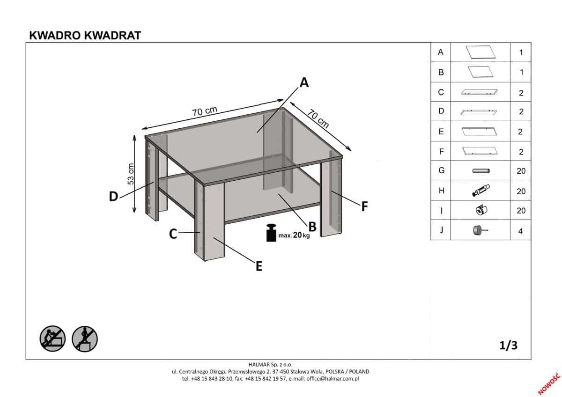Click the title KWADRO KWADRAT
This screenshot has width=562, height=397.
pos(85,36)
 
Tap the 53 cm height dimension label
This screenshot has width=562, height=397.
pos(131,174)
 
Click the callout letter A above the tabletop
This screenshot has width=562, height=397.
pos(304,82)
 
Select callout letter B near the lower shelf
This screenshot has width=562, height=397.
pos(312,227)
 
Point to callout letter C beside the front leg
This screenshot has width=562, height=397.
pos(173,234)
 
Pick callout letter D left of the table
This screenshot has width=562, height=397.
pos(113,196)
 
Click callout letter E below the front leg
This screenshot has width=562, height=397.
pos(259,266)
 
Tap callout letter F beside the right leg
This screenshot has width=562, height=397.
pos(364,206)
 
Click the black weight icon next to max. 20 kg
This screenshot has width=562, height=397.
pos(271,233)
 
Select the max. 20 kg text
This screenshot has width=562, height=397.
pos(294,235)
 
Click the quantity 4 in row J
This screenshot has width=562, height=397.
pos(521,231)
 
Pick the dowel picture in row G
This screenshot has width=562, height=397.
pos(481,171)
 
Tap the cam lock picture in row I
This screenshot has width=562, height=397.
pos(481,210)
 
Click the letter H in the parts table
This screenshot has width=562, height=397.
pos(442,191)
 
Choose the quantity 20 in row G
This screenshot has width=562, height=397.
pos(521,171)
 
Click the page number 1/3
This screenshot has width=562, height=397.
pos(508,346)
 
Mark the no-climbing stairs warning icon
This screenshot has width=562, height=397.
pos(85,339)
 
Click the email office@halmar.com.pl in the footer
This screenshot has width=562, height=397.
pos(333,379)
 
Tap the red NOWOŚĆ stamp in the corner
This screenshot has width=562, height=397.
pos(549,384)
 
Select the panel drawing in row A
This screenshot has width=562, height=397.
pos(481,52)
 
